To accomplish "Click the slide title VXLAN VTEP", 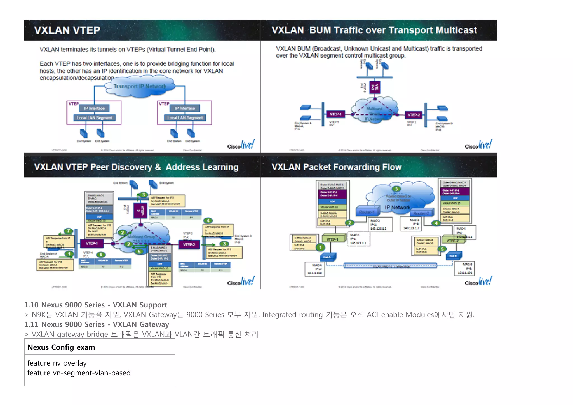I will [x=67, y=30].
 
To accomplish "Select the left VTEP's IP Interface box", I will [x=94, y=108].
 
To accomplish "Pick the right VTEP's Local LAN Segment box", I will [x=185, y=118].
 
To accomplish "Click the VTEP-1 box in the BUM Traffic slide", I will [x=335, y=114].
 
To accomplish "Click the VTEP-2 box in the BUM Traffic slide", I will [x=414, y=115].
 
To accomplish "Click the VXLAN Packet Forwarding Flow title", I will [x=337, y=167].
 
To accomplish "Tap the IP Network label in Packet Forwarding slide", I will [x=397, y=208].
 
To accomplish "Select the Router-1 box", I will [x=367, y=212].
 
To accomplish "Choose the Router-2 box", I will [x=421, y=213].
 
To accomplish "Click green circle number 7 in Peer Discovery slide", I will [x=68, y=231].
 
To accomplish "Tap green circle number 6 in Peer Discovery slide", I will [x=101, y=255].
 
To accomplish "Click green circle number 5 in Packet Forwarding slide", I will [x=442, y=249].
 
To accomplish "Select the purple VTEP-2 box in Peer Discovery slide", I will [x=189, y=244].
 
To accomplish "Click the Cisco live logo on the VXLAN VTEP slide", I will [x=241, y=145].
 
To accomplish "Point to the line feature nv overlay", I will [x=57, y=363].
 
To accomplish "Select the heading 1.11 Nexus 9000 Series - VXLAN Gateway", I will [x=97, y=324].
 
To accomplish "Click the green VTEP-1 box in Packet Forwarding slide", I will [x=332, y=239].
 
